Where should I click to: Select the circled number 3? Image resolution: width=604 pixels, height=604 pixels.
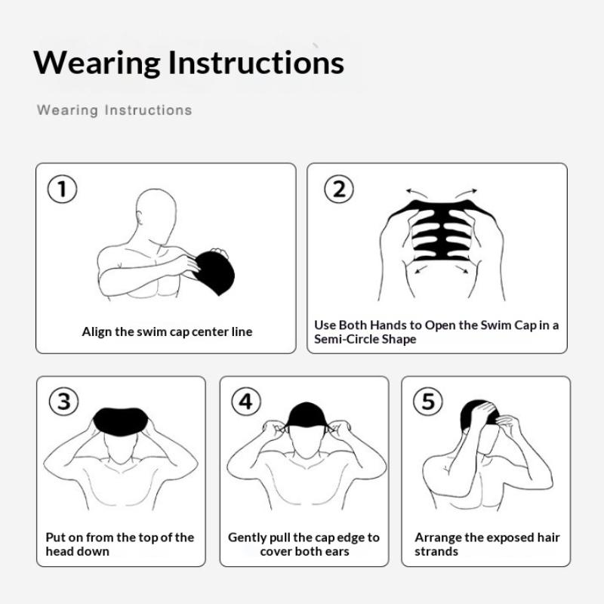[63, 402]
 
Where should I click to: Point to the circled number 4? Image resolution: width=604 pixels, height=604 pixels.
[245, 402]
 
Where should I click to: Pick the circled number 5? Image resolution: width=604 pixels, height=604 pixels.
[428, 402]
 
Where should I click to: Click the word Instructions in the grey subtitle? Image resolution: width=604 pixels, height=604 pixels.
[148, 110]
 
